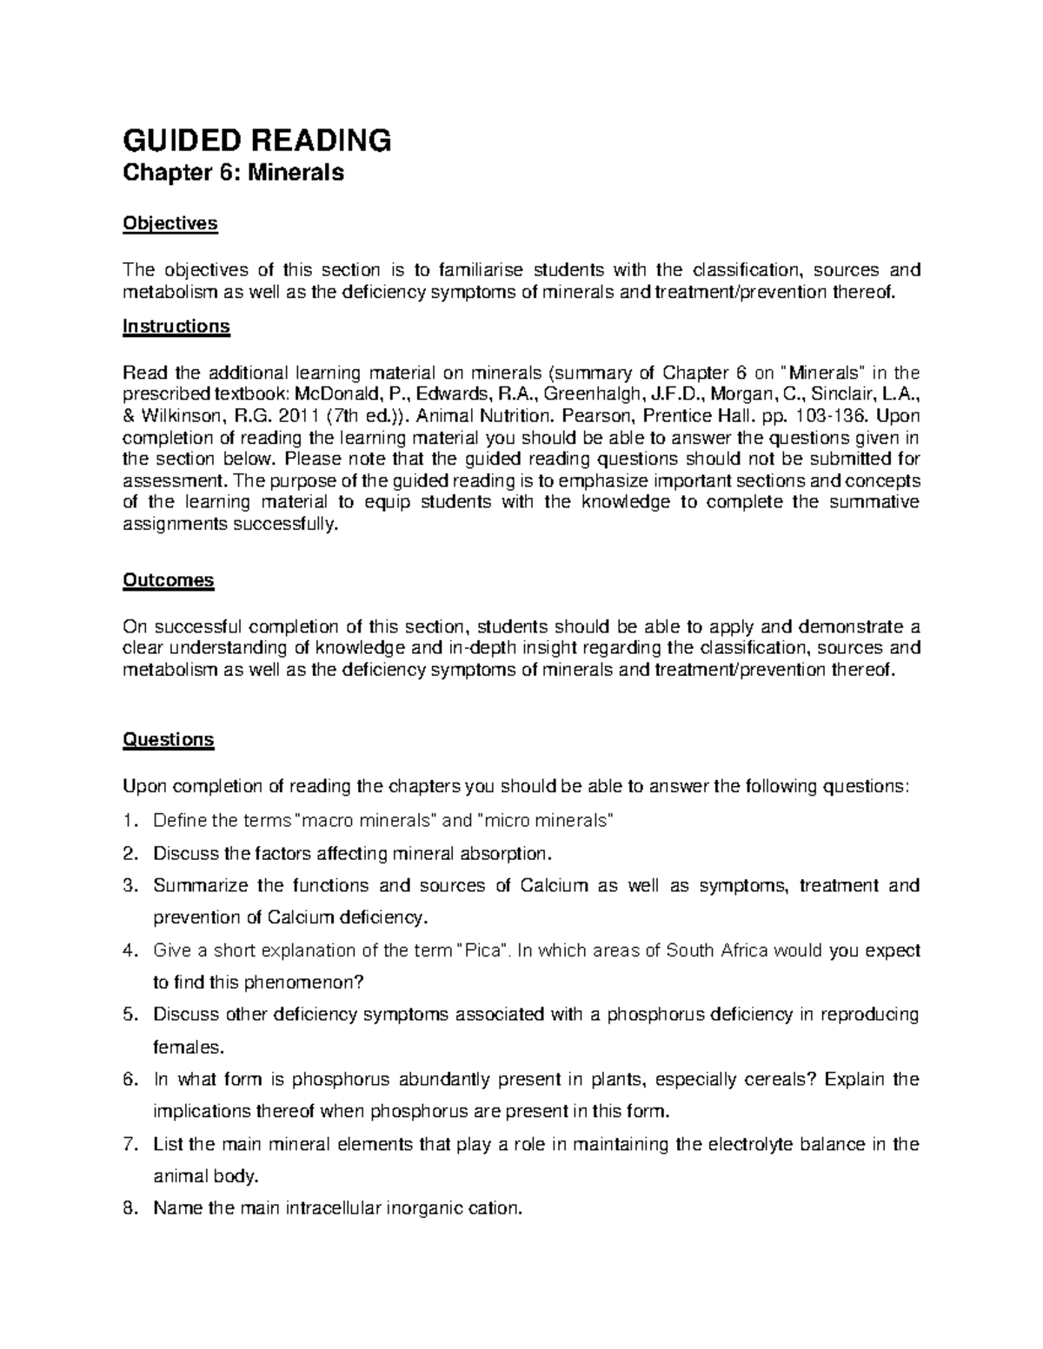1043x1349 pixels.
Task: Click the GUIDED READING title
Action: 257,139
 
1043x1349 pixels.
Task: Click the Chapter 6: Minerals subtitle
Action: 233,173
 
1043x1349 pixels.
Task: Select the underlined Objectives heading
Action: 169,223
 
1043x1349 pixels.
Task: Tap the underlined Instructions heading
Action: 176,327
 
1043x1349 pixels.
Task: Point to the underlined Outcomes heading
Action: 168,579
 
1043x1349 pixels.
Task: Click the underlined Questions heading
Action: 168,739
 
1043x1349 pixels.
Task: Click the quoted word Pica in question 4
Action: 483,949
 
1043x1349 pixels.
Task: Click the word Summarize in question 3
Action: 196,885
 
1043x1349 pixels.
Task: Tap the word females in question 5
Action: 182,1047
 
